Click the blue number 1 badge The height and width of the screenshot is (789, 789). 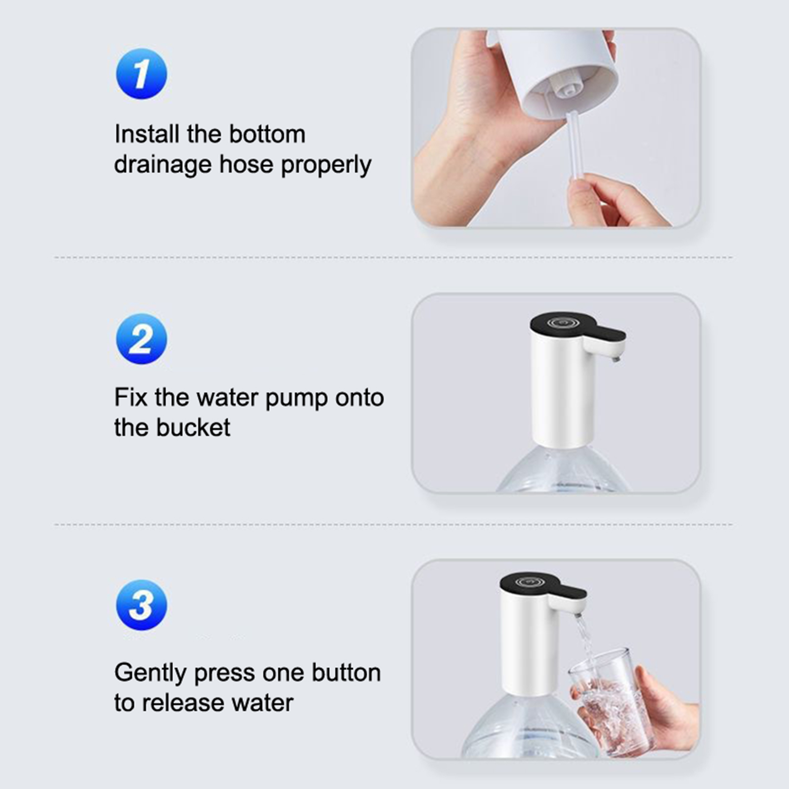coord(142,74)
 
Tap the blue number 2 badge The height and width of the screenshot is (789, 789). coord(142,339)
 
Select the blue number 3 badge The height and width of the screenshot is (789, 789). coord(142,605)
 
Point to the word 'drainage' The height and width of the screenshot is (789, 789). coord(163,165)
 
